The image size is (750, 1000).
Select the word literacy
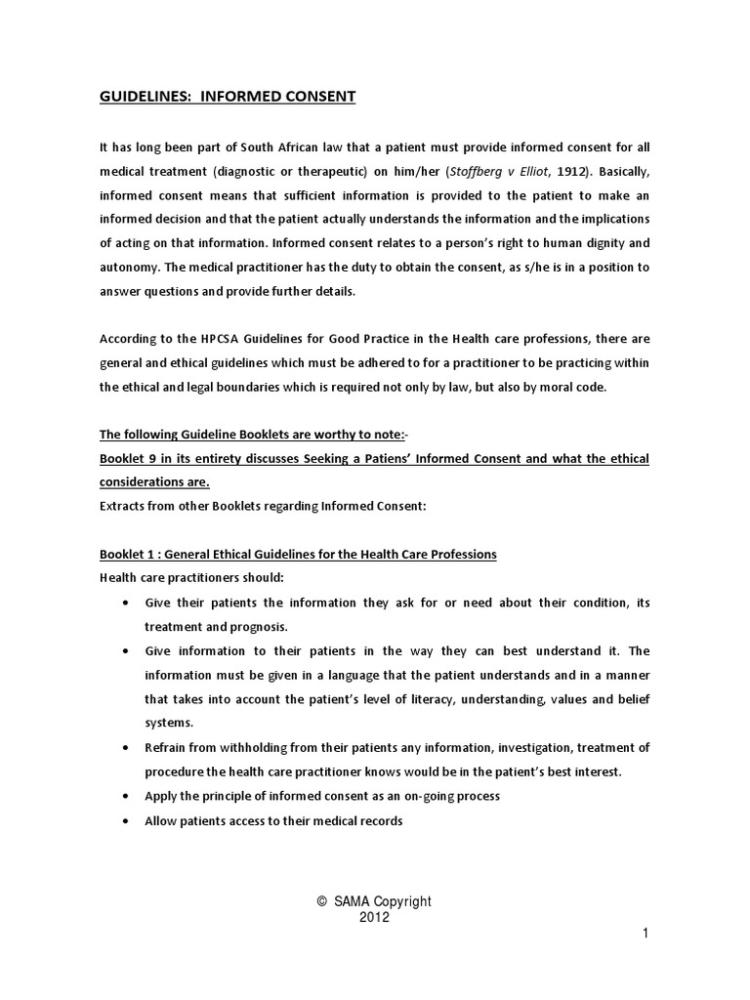(x=426, y=699)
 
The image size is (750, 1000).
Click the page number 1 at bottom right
(x=646, y=935)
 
